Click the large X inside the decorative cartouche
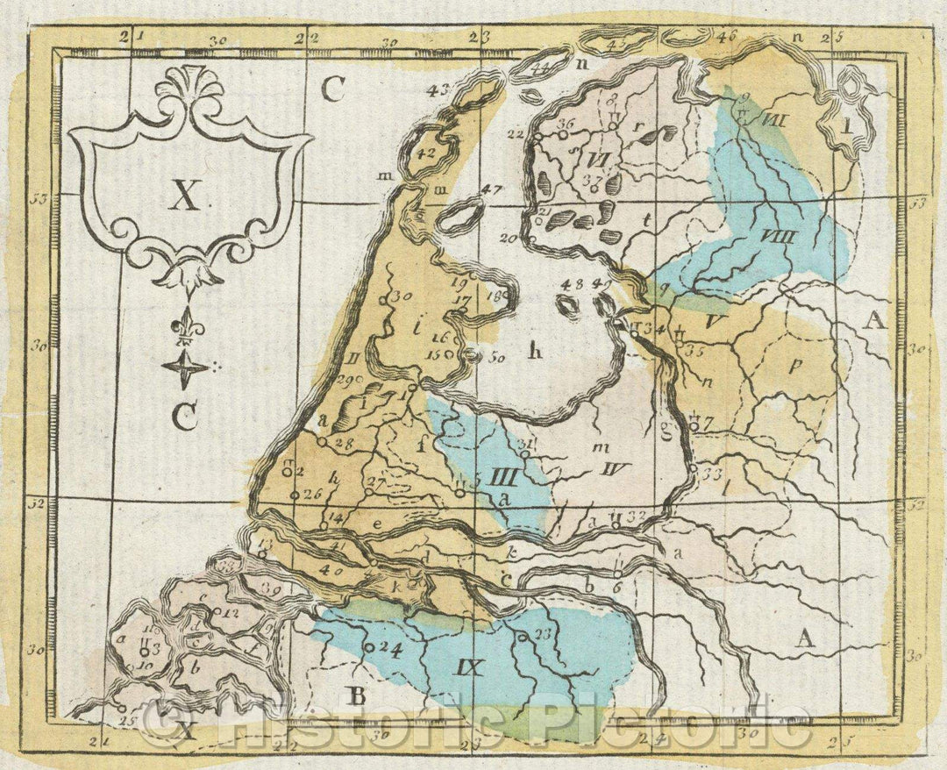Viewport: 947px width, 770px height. [x=184, y=197]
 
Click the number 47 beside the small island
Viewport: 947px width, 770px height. [x=492, y=189]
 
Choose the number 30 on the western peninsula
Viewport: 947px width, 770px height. [x=402, y=296]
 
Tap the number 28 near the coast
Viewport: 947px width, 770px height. [x=343, y=444]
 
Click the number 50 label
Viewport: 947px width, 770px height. [x=497, y=357]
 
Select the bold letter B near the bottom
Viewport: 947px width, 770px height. [x=357, y=697]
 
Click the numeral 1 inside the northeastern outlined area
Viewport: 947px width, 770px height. [x=846, y=125]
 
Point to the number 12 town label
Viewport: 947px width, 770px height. [x=231, y=611]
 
